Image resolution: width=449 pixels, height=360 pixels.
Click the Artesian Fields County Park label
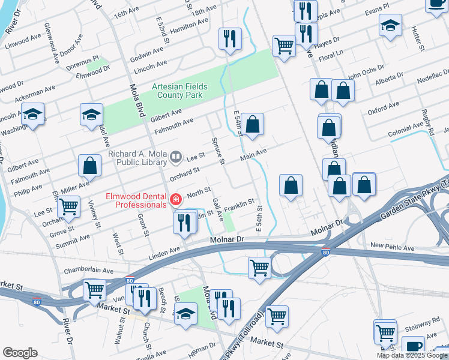[179, 91]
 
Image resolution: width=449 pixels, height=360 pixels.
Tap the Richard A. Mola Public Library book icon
[176, 158]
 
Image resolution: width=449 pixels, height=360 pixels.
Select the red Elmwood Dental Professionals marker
[176, 200]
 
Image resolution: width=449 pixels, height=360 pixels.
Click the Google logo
[20, 353]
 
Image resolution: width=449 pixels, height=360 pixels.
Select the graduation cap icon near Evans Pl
[390, 26]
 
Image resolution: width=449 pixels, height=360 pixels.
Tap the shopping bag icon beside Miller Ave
[89, 166]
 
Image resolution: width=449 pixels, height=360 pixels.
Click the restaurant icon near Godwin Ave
[230, 39]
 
